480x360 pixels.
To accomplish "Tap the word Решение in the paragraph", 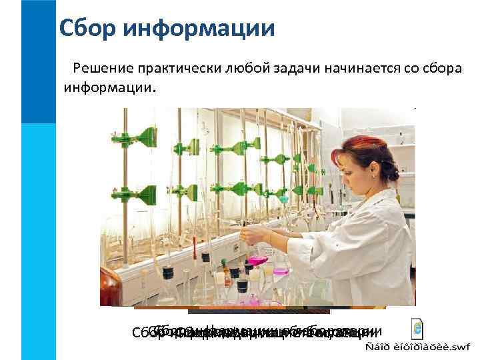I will (x=103, y=67).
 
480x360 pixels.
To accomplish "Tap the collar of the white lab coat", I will (x=373, y=200).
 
